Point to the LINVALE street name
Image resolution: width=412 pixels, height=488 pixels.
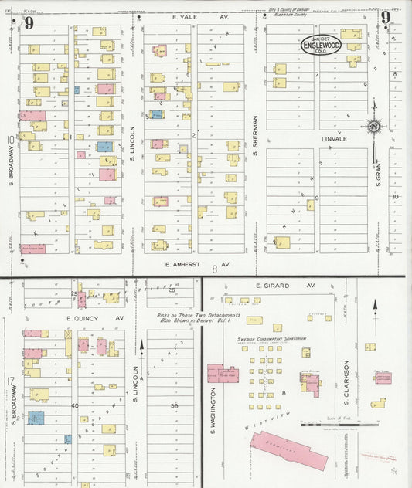pos(335,140)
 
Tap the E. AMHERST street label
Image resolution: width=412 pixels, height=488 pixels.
pos(189,264)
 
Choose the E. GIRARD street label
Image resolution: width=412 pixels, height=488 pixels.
pos(275,286)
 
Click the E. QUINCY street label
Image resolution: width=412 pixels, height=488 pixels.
pos(85,318)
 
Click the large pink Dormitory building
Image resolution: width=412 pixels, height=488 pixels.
pos(288,450)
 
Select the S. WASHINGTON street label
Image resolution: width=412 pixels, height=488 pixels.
pos(210,408)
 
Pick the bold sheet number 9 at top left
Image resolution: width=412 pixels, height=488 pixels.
pos(29,22)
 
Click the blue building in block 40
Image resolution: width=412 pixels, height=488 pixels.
pos(36,418)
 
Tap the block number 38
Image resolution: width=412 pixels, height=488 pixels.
pos(175,405)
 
